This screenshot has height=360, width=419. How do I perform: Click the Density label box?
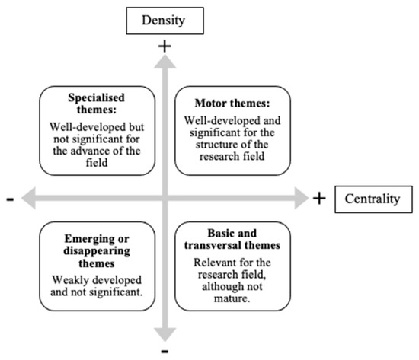(x=165, y=21)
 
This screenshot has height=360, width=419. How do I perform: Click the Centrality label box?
(x=373, y=199)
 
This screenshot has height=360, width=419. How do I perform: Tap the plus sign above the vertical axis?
(x=165, y=46)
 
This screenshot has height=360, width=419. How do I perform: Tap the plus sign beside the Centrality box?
(x=319, y=199)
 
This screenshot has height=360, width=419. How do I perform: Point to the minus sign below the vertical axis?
(x=165, y=351)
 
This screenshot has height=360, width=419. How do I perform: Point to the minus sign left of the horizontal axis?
(x=10, y=199)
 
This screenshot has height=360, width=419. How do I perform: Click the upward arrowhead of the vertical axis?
(x=165, y=62)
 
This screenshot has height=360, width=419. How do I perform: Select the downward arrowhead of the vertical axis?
(x=165, y=335)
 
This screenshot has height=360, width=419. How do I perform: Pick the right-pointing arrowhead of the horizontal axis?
(x=302, y=198)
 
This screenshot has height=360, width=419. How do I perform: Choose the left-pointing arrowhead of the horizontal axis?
(x=28, y=198)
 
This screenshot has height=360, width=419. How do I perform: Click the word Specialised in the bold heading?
(x=96, y=97)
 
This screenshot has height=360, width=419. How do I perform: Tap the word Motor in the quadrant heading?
(x=209, y=103)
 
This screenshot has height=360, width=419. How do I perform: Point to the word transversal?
(x=211, y=245)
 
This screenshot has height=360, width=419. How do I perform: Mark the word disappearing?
(x=97, y=252)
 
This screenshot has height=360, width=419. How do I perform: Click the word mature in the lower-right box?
(x=232, y=298)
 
